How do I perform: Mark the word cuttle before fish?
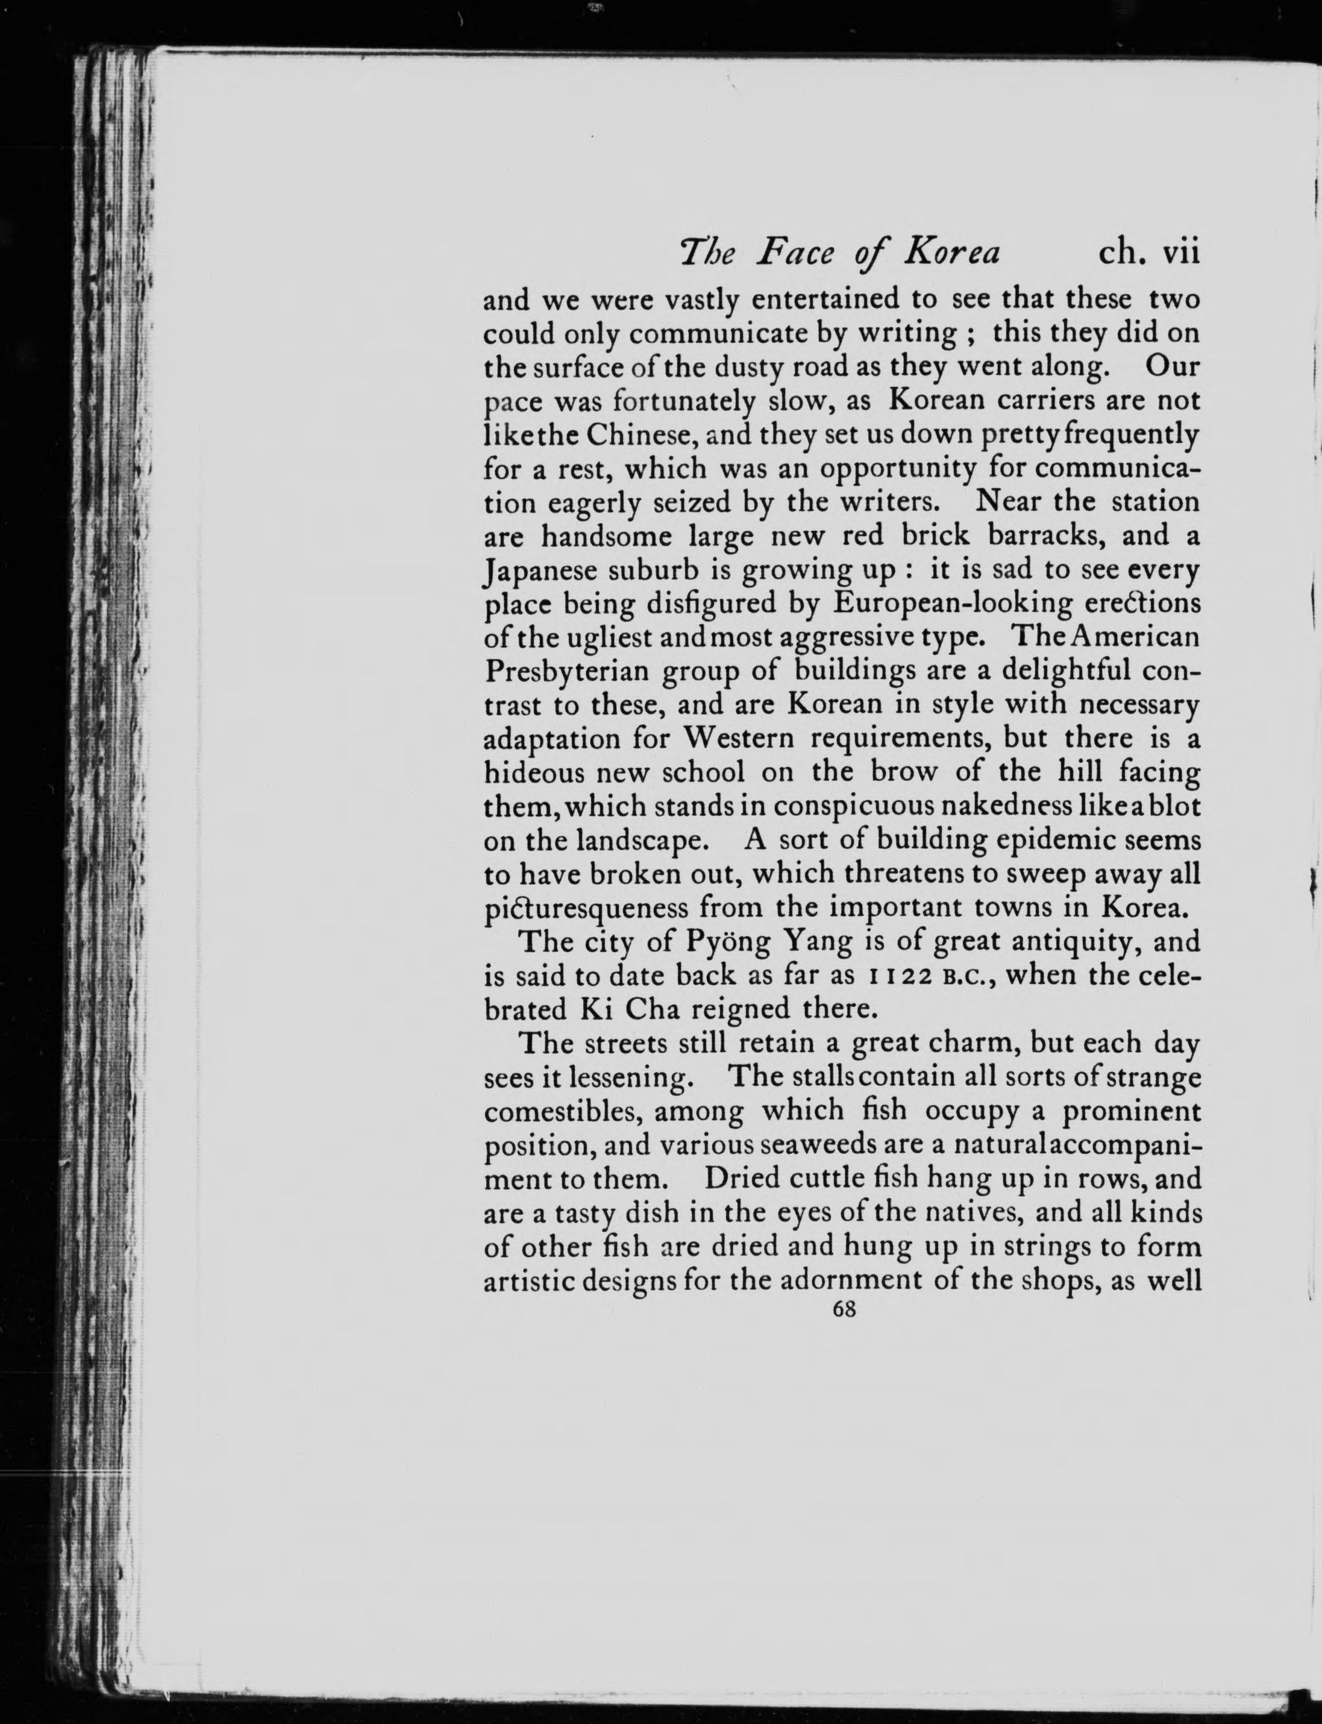coord(813,1178)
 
